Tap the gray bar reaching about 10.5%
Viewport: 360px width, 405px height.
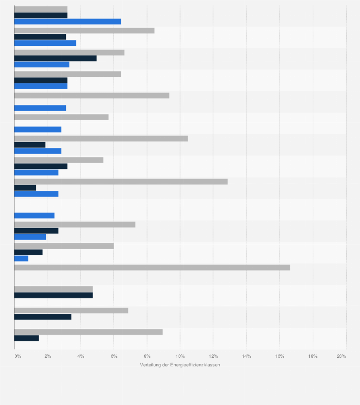click(x=101, y=138)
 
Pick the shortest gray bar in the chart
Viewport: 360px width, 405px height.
click(x=41, y=9)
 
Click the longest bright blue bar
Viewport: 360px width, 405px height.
click(x=67, y=21)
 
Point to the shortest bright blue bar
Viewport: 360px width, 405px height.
click(x=21, y=259)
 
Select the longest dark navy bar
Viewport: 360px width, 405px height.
click(x=55, y=58)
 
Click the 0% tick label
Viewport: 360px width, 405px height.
click(x=18, y=356)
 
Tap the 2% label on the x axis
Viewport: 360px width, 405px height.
click(x=48, y=356)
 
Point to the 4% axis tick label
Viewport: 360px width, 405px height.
click(x=81, y=356)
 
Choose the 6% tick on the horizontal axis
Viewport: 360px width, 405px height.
click(x=114, y=356)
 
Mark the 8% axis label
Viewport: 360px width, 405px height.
click(x=147, y=356)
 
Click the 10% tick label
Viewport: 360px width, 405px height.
click(x=180, y=356)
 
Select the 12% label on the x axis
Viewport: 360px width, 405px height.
click(x=213, y=356)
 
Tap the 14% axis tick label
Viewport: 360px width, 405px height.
click(x=246, y=356)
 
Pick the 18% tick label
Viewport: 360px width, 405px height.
click(x=313, y=356)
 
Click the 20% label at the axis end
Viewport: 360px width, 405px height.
click(x=341, y=356)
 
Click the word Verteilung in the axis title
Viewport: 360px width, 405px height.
click(x=150, y=365)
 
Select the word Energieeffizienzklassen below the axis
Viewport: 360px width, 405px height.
click(x=194, y=365)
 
